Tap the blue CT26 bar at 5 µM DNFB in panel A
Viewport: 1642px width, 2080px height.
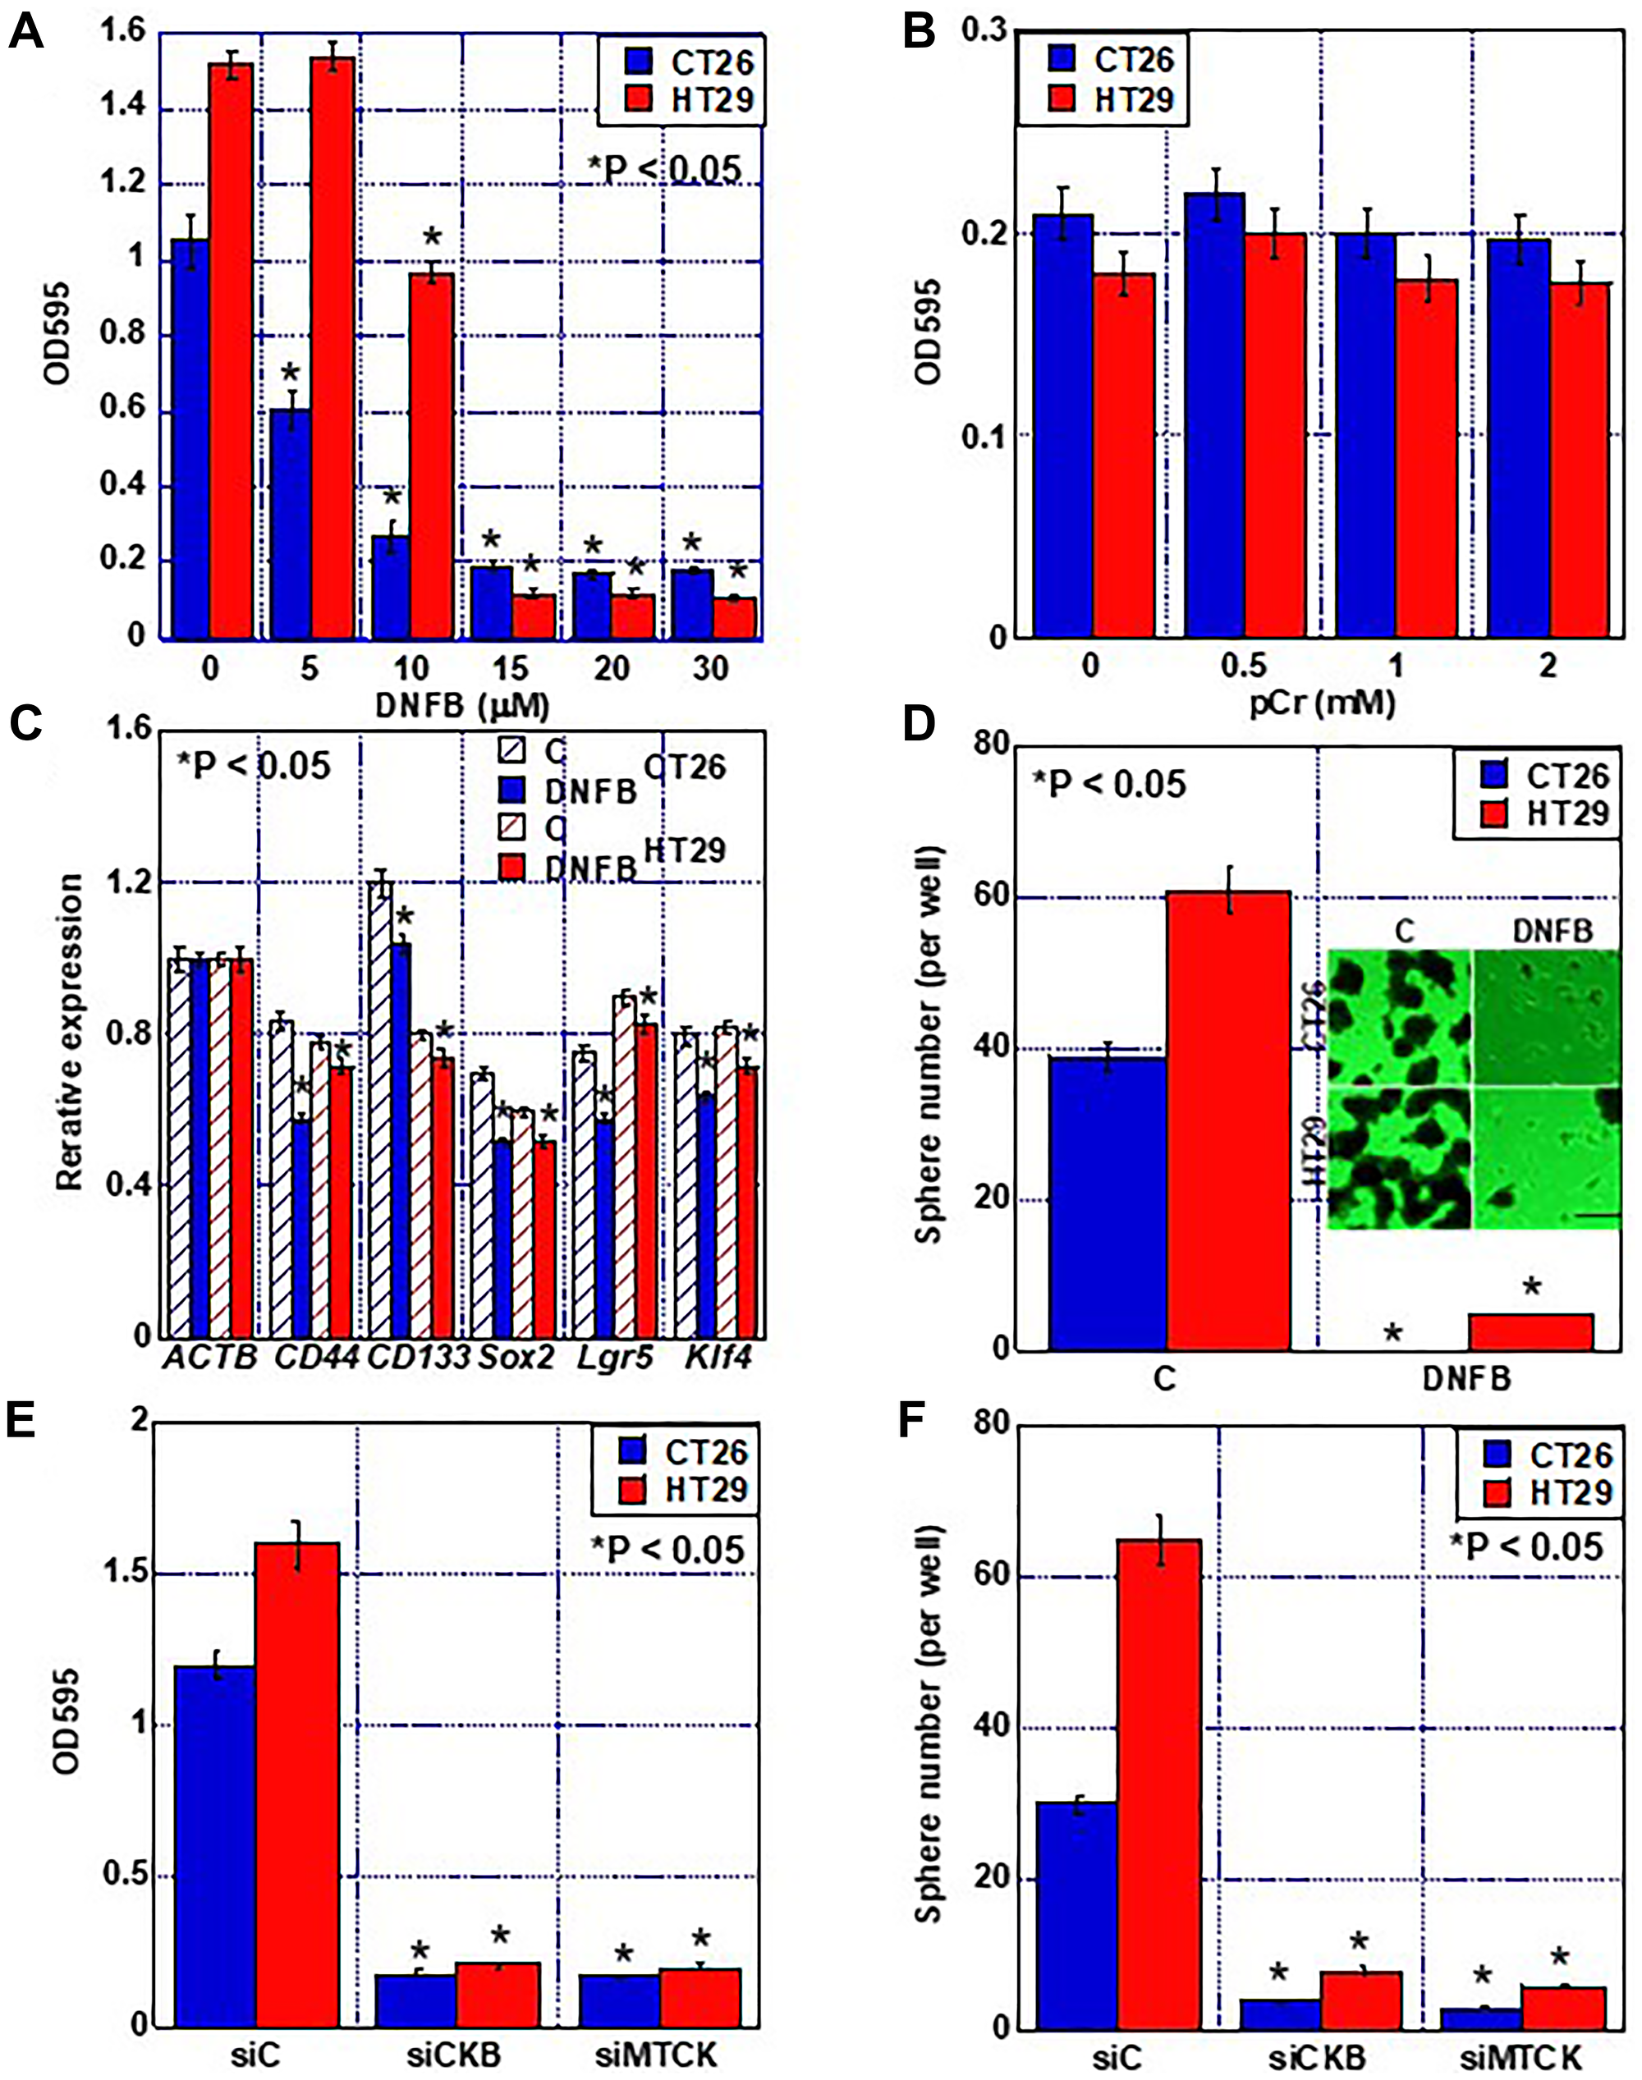[x=289, y=524]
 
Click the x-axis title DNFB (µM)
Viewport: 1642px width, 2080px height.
[x=461, y=707]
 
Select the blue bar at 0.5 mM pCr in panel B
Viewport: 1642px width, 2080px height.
[x=1214, y=415]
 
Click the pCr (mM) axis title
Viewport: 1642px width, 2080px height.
[x=1322, y=703]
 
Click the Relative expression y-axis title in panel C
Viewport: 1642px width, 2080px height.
[x=69, y=1033]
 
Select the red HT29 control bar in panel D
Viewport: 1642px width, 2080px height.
[x=1227, y=1120]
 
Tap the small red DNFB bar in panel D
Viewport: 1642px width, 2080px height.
[x=1530, y=1331]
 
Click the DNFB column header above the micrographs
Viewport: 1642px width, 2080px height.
[x=1552, y=931]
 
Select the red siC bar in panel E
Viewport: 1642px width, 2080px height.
[x=296, y=1783]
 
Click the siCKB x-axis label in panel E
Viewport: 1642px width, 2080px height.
[x=452, y=2054]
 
